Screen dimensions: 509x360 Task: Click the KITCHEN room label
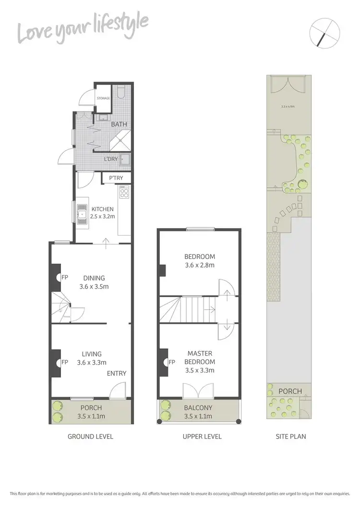pyautogui.click(x=102, y=209)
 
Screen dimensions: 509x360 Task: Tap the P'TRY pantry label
pyautogui.click(x=116, y=178)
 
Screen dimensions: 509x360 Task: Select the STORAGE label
pyautogui.click(x=104, y=98)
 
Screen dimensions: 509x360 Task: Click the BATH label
pyautogui.click(x=120, y=124)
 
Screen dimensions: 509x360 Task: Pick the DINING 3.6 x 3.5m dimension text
pyautogui.click(x=94, y=287)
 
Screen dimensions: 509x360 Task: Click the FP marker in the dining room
pyautogui.click(x=64, y=277)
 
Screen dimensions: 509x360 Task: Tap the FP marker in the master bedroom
pyautogui.click(x=172, y=362)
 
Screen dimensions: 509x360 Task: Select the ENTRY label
pyautogui.click(x=117, y=373)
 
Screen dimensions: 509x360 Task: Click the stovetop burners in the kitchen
pyautogui.click(x=124, y=193)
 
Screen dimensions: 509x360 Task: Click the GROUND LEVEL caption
pyautogui.click(x=90, y=437)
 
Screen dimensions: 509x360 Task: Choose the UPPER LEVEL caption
pyautogui.click(x=202, y=437)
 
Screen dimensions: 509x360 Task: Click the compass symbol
pyautogui.click(x=325, y=33)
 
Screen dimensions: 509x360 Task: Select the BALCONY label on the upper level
pyautogui.click(x=198, y=408)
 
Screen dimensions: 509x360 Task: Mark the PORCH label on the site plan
pyautogui.click(x=289, y=391)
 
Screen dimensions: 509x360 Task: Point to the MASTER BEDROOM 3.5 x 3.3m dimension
pyautogui.click(x=200, y=370)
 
